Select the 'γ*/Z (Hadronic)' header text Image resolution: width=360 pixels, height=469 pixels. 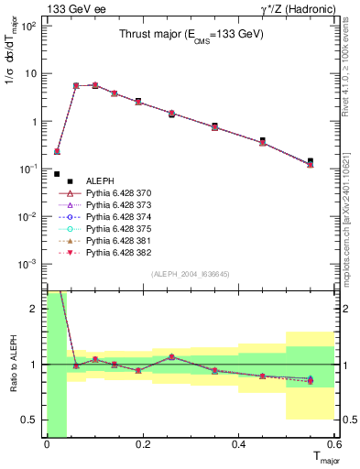(x=293, y=8)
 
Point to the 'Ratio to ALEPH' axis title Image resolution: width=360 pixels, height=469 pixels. (x=14, y=364)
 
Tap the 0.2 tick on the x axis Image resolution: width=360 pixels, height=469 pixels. (x=142, y=444)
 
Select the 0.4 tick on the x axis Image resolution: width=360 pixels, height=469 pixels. (x=238, y=444)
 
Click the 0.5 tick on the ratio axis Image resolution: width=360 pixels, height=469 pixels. (x=33, y=420)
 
